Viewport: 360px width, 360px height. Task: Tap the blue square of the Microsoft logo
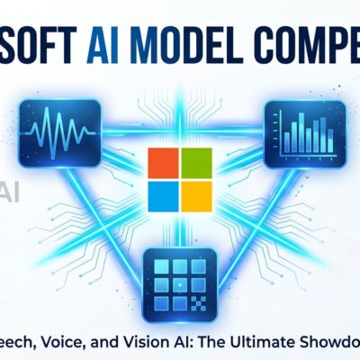coord(161,193)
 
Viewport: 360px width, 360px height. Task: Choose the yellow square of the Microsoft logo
coord(195,193)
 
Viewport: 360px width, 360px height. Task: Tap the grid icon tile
coord(179,260)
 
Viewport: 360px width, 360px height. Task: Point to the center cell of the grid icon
coord(179,262)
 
